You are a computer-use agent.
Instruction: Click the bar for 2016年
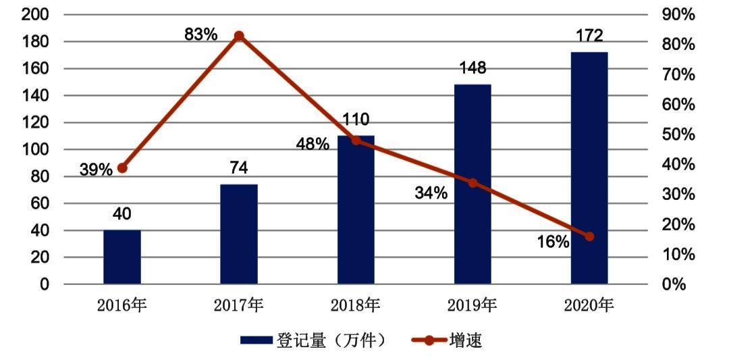(x=122, y=257)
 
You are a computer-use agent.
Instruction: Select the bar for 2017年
(x=239, y=234)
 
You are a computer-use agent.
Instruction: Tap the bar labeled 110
(x=356, y=210)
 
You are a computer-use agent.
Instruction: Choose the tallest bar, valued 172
(x=589, y=168)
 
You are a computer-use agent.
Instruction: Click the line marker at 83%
(x=239, y=36)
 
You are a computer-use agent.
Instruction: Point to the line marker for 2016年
(x=122, y=168)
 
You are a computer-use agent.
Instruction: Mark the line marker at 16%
(x=589, y=236)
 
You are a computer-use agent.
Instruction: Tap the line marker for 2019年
(x=473, y=183)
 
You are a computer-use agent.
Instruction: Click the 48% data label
(x=312, y=144)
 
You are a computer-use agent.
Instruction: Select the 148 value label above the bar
(x=473, y=69)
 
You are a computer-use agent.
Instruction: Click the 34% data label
(x=431, y=193)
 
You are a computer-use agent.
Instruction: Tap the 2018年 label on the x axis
(x=356, y=306)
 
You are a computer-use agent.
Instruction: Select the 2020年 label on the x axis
(x=589, y=306)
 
